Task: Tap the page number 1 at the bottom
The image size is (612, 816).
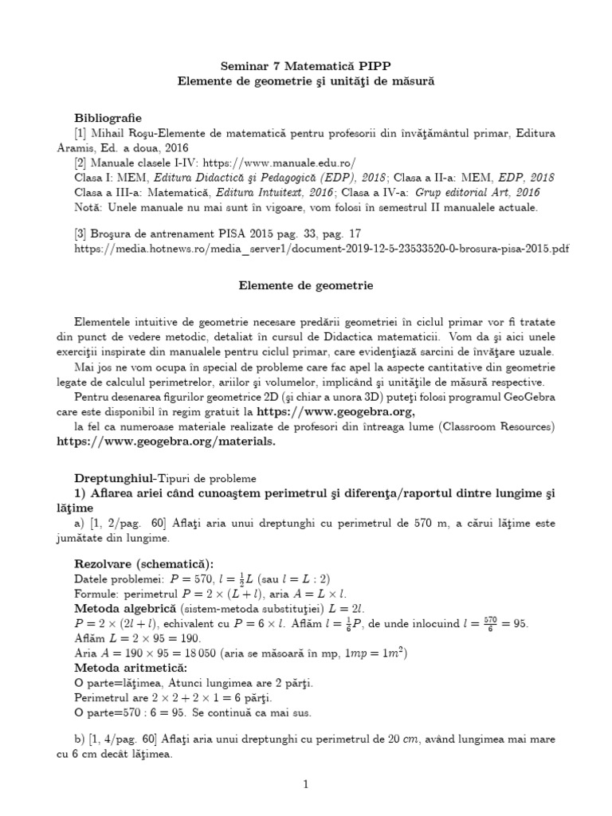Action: (305, 784)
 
